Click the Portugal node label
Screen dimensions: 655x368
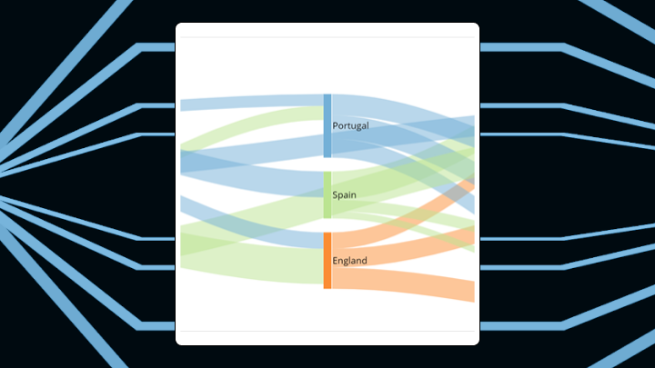click(350, 125)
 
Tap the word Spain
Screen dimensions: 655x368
click(344, 195)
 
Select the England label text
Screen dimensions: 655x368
click(349, 261)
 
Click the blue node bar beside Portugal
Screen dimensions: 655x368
click(327, 125)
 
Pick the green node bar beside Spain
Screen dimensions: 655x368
click(327, 194)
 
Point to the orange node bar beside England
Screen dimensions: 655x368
click(327, 260)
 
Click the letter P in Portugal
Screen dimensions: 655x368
click(336, 125)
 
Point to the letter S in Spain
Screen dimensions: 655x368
click(335, 195)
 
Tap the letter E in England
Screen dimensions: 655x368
click(336, 261)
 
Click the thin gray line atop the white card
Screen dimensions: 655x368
click(327, 37)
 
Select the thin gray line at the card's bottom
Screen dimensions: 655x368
click(327, 331)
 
